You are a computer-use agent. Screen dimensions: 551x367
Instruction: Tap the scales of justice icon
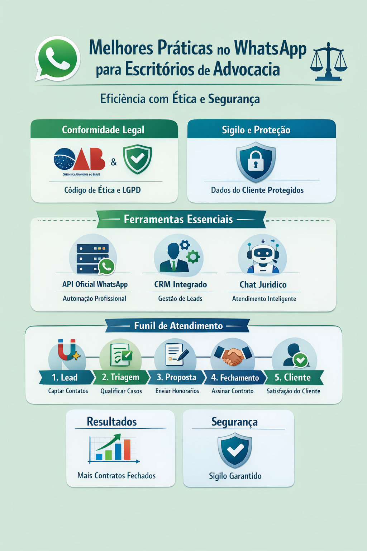pos(328,61)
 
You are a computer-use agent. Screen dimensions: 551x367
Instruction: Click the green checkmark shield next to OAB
pos(137,159)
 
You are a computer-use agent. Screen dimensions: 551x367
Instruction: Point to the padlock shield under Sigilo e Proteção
pos(256,162)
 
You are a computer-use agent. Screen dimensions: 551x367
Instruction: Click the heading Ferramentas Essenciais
pos(178,219)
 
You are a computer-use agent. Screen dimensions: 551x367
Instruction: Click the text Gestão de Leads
pos(180,298)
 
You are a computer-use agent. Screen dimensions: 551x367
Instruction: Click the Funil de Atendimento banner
pos(178,326)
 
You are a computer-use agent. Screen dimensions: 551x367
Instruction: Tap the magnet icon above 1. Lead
pos(67,350)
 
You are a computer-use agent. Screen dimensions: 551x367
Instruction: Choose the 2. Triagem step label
pos(120,377)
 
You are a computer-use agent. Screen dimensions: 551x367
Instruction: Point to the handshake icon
pos(233,355)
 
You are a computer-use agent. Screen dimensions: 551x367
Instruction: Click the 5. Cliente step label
pos(292,377)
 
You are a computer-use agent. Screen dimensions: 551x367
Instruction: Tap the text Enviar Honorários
pos(177,391)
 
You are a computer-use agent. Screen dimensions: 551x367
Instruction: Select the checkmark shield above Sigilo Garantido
pos(235,450)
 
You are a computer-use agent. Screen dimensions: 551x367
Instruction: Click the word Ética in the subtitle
pos(185,99)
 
